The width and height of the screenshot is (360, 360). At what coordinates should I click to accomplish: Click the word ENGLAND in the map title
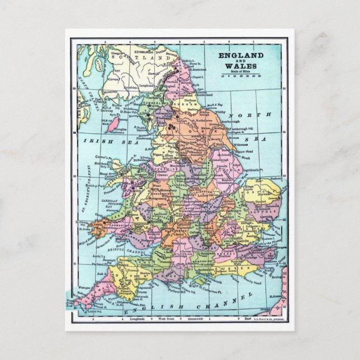coord(241,56)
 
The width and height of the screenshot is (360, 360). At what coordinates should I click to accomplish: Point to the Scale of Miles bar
coord(241,77)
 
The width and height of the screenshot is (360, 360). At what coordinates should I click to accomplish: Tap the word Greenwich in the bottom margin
coord(187,318)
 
